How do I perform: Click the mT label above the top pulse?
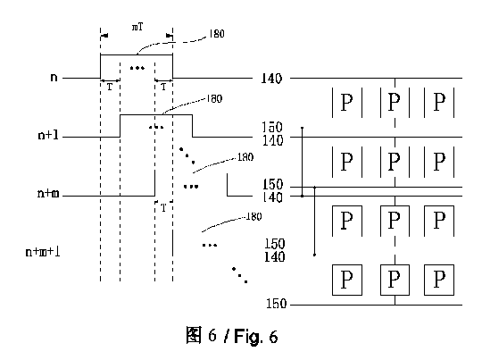137,27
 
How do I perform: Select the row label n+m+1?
43,252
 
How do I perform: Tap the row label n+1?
48,135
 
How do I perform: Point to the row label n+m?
48,193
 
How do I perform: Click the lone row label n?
54,77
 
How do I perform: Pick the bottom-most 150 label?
276,304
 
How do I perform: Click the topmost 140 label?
271,79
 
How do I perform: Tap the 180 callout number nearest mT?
217,33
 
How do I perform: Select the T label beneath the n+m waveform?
163,208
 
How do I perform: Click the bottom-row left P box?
347,280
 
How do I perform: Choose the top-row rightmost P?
439,102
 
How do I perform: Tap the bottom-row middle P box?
395,280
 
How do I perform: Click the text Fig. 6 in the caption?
256,336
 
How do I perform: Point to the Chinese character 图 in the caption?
195,335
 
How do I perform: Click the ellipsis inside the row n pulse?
137,68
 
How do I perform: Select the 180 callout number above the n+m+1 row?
253,216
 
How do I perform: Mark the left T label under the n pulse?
110,87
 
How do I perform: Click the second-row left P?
346,162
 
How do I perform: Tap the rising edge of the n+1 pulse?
120,126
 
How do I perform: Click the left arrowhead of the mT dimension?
104,36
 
